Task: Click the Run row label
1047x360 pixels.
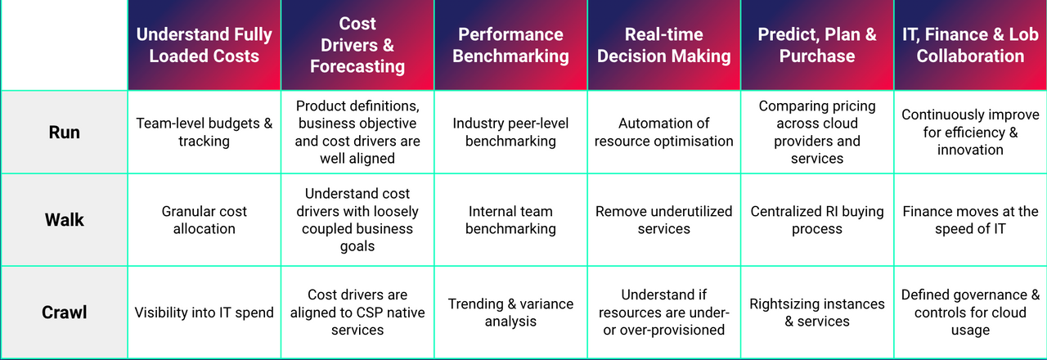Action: pyautogui.click(x=64, y=132)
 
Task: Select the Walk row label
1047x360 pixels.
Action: pyautogui.click(x=64, y=220)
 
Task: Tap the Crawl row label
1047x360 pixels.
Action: pyautogui.click(x=64, y=313)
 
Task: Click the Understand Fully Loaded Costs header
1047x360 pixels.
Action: pyautogui.click(x=204, y=46)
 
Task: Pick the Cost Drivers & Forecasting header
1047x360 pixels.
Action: pyautogui.click(x=357, y=46)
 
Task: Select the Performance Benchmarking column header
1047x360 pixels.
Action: pyautogui.click(x=510, y=46)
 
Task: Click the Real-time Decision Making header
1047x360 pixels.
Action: pyautogui.click(x=663, y=46)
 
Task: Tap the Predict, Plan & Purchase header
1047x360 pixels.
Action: pyautogui.click(x=816, y=46)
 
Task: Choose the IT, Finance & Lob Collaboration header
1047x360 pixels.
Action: pyautogui.click(x=970, y=46)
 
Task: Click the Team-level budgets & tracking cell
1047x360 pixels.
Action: pyautogui.click(x=204, y=132)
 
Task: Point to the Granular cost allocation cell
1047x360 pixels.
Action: pyautogui.click(x=204, y=220)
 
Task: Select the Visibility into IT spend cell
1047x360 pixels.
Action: pyautogui.click(x=204, y=313)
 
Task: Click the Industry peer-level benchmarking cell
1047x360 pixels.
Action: pyautogui.click(x=510, y=132)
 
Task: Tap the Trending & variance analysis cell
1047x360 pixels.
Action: pyautogui.click(x=510, y=313)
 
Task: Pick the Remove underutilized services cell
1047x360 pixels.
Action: pyautogui.click(x=663, y=220)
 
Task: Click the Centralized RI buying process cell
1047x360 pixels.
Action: pyautogui.click(x=816, y=220)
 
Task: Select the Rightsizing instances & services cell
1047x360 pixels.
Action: pyautogui.click(x=816, y=313)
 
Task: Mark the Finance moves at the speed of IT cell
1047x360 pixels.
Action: pyautogui.click(x=970, y=220)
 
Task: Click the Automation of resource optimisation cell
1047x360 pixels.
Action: pyautogui.click(x=663, y=132)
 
